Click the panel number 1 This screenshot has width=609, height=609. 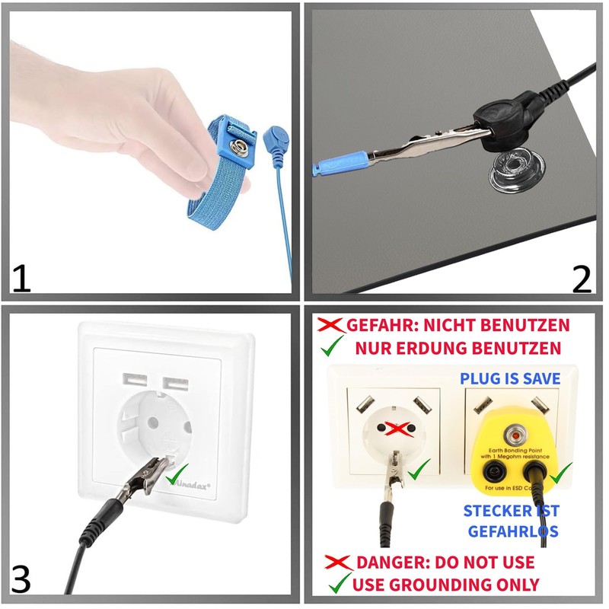[21, 278]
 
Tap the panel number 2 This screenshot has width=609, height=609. [581, 278]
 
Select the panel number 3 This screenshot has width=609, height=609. [21, 579]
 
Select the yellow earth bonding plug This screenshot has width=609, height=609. [518, 449]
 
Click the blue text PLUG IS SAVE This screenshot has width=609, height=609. [510, 378]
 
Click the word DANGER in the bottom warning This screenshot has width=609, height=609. [387, 563]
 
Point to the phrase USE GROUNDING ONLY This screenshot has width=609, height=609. [447, 585]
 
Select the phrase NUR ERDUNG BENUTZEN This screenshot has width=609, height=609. [458, 349]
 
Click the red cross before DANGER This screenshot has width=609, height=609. [337, 563]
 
